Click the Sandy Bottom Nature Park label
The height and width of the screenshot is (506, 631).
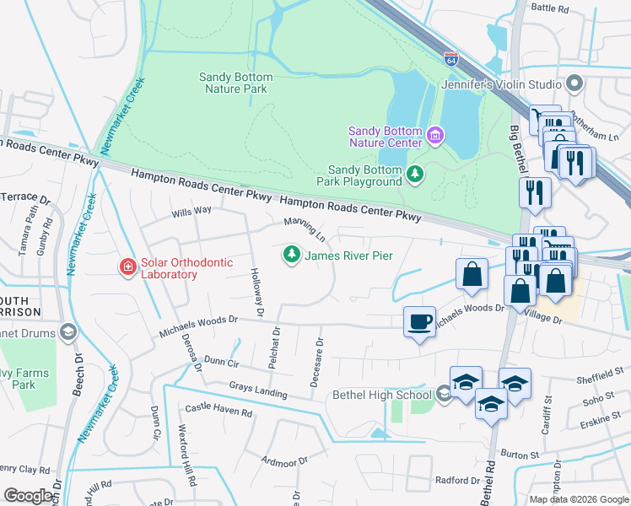pos(234,83)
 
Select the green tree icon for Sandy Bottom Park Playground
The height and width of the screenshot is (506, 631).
pos(414,175)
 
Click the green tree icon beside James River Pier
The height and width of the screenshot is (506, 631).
pos(291,254)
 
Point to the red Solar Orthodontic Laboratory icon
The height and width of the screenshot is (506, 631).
pos(127,267)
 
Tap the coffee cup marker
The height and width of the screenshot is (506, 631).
pos(420,322)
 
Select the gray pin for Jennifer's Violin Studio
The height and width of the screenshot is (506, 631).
pos(575,83)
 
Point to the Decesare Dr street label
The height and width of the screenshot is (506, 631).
pos(317,363)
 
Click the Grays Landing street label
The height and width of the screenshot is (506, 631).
pos(258,390)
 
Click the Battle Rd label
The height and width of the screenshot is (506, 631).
pos(551,8)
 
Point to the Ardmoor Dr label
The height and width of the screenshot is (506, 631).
pos(284,462)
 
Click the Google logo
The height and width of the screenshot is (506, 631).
pos(29,495)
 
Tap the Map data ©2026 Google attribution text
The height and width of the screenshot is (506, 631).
pos(578,499)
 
